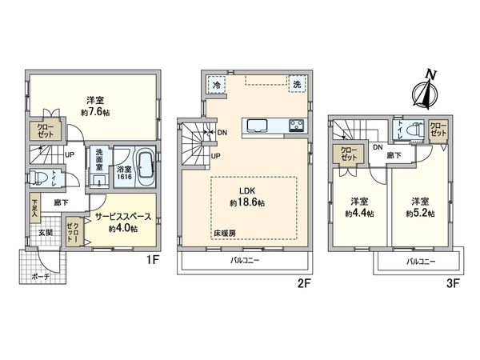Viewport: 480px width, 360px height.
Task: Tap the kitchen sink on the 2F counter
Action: (258, 126)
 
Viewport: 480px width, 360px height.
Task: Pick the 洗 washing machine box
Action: (297, 85)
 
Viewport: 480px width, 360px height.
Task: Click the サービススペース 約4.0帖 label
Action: (117, 222)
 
